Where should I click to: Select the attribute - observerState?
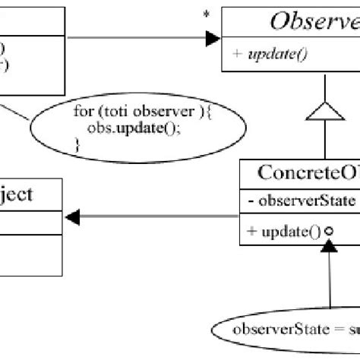point(297,201)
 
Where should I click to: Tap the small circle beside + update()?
point(330,232)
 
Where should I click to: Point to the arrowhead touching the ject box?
point(72,218)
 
